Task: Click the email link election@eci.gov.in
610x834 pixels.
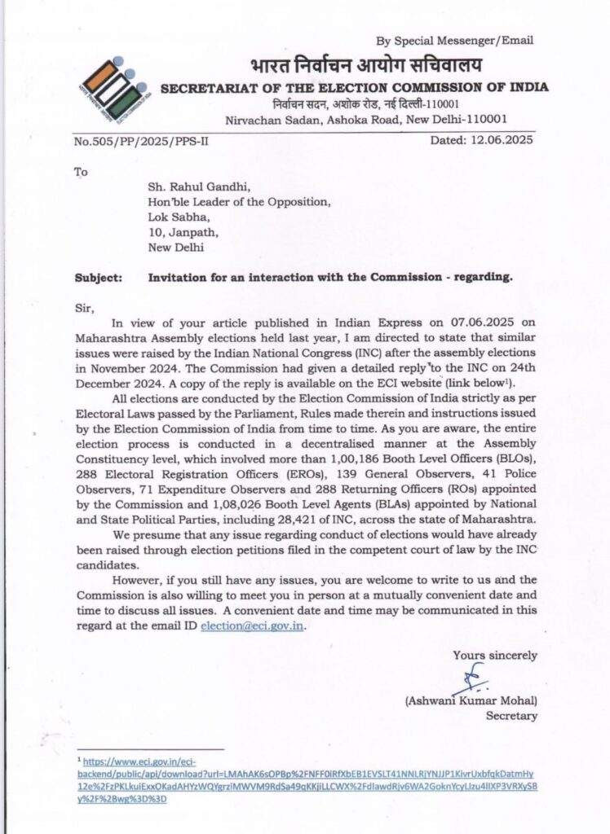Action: [x=255, y=625]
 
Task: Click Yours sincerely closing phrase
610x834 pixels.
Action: [x=496, y=654]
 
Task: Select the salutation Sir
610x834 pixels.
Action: [x=84, y=308]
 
